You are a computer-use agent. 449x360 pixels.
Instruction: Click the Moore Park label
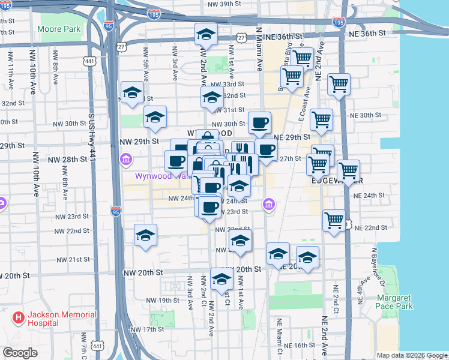58,29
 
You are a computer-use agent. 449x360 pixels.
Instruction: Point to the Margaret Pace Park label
394,302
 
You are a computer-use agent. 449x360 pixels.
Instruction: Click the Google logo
20,353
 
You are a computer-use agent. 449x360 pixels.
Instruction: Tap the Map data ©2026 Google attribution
411,355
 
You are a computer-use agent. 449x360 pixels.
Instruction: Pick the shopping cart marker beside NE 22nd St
334,220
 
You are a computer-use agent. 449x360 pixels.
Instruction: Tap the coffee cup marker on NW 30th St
259,122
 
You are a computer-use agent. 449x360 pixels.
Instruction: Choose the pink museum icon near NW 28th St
127,160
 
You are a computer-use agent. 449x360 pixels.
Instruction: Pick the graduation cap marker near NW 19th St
221,279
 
